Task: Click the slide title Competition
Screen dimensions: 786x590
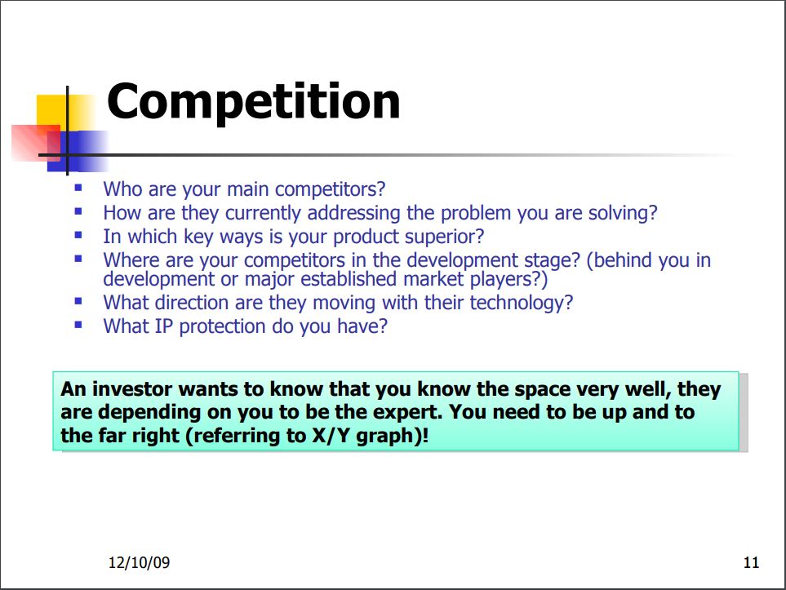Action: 253,102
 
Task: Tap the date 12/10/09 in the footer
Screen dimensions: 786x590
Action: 139,562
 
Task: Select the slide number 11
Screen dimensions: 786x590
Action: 751,562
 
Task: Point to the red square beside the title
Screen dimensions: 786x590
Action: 35,143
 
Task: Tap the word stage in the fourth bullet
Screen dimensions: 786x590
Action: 547,260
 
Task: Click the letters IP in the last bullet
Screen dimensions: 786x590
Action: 163,326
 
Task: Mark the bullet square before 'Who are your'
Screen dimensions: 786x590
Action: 78,188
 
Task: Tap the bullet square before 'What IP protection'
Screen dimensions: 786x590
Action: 78,325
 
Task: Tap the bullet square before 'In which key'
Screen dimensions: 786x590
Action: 78,235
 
